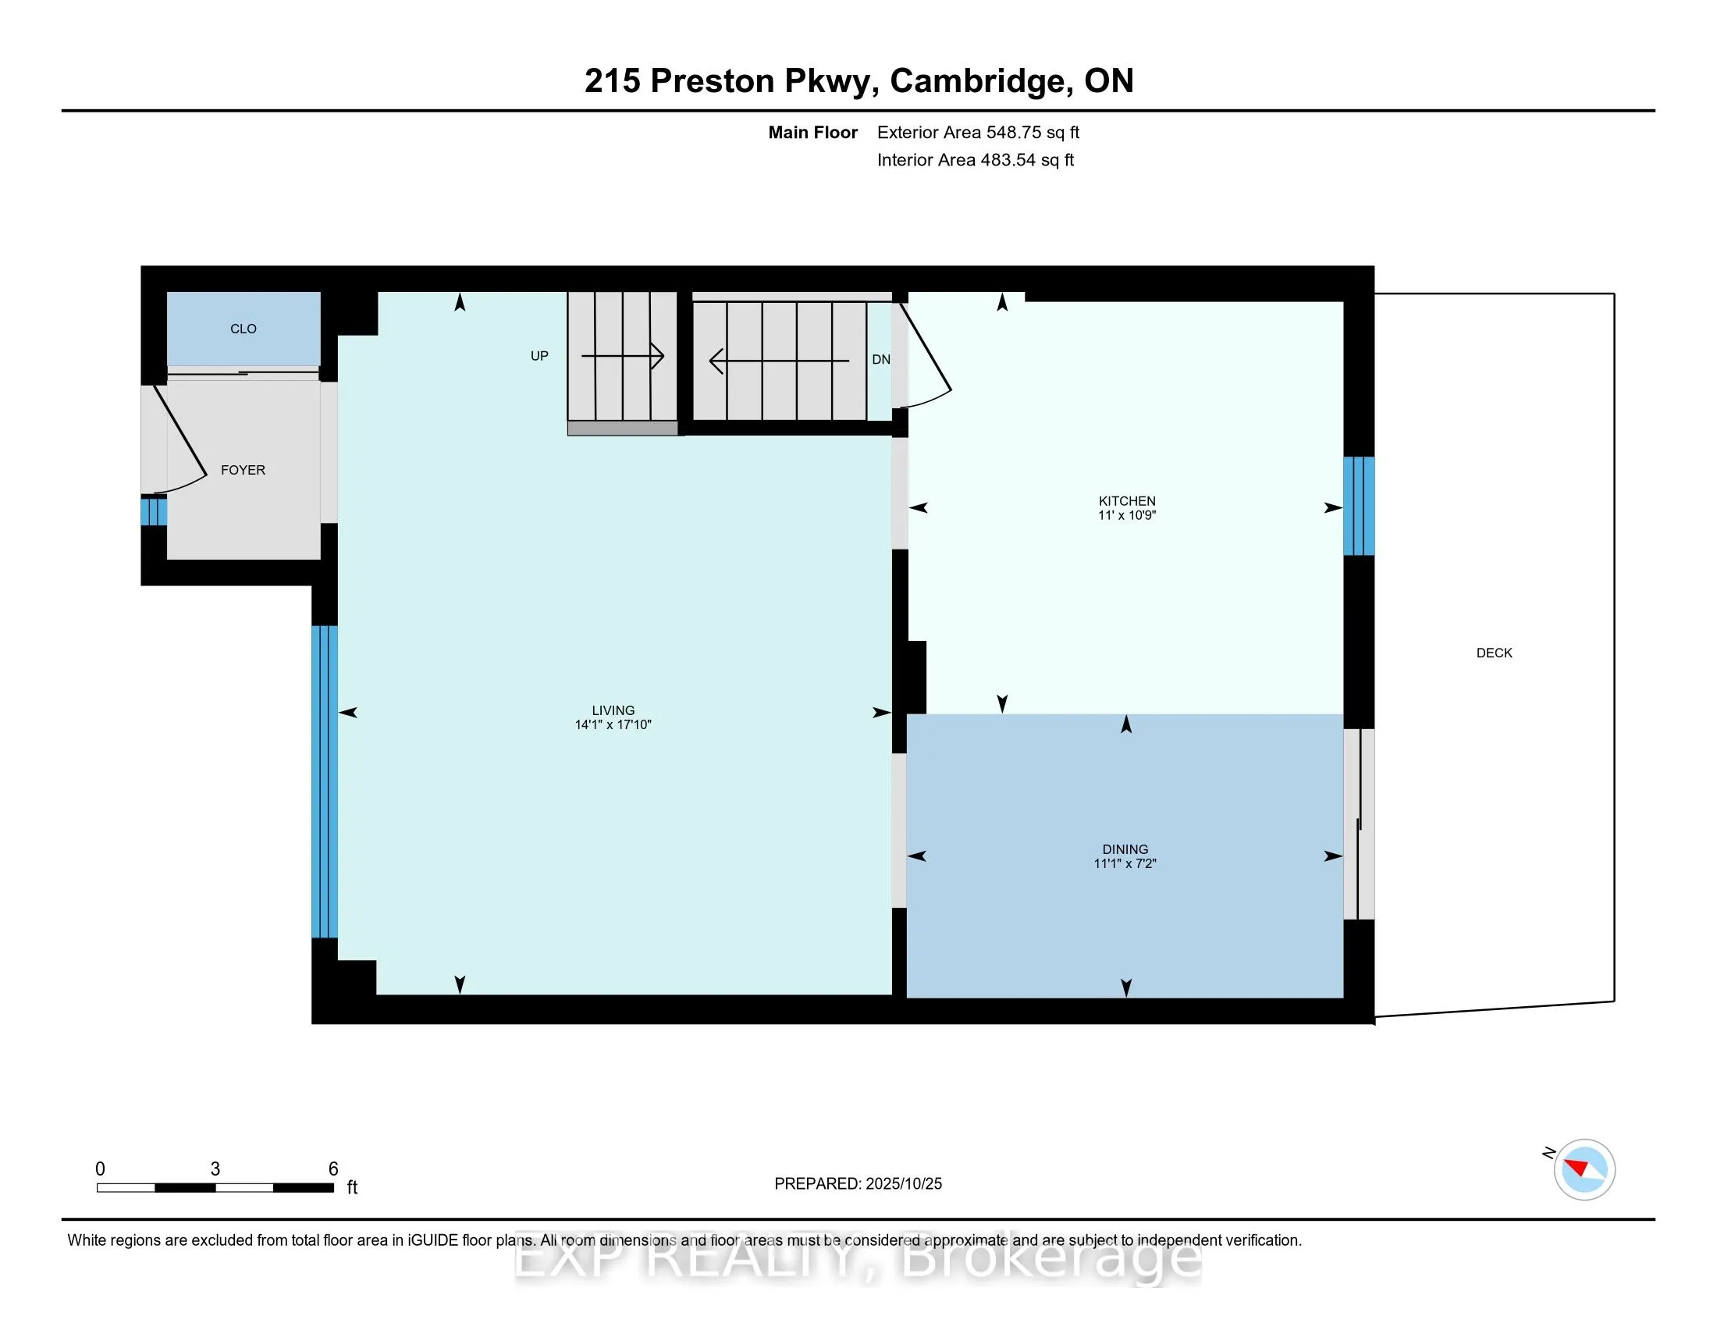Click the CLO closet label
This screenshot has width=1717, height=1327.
243,329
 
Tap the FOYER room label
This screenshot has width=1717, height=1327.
243,470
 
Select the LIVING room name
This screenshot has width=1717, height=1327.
613,710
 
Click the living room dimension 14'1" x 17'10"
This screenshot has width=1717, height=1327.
613,725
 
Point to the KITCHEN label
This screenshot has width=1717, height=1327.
1126,501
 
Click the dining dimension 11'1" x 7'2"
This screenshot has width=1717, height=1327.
1125,863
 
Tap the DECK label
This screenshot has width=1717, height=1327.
1494,653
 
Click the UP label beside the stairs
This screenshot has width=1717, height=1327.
539,356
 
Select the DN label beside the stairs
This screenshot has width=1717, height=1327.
880,359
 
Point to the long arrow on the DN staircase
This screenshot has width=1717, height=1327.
778,361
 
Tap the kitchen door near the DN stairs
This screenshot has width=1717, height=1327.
926,354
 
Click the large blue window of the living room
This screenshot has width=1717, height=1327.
325,781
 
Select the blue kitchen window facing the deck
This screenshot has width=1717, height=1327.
1359,506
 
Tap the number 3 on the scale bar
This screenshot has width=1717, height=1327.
215,1169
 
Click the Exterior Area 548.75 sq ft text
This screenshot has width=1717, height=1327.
978,132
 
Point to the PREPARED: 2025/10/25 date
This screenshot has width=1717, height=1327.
858,1183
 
